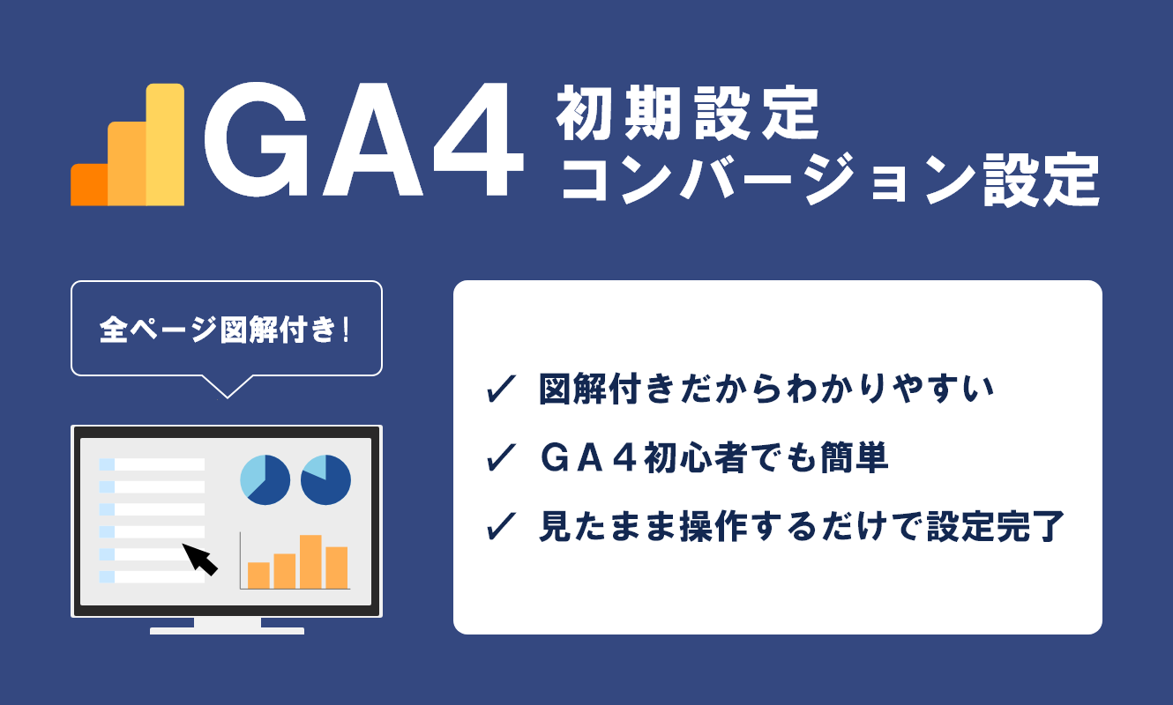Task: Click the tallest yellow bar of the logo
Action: tap(166, 145)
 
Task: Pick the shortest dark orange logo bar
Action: tap(88, 184)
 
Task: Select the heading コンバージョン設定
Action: tap(829, 181)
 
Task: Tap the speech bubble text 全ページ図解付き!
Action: tap(226, 330)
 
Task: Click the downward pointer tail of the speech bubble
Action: tap(226, 387)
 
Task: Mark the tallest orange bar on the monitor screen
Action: tap(310, 561)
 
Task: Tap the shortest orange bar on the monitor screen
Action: tap(258, 575)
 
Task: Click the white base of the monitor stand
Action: tap(227, 630)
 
